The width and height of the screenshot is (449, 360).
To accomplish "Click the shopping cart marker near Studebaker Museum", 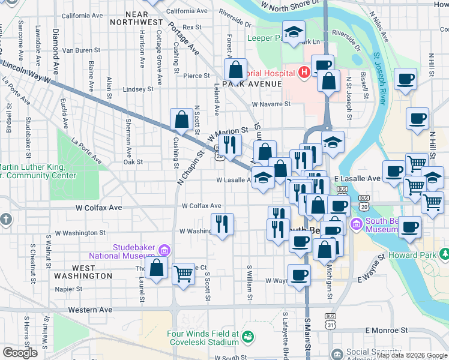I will pos(184,274).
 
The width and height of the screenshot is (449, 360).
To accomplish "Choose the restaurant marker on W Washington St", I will pos(222,224).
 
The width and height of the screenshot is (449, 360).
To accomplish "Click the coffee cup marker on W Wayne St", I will pos(299,275).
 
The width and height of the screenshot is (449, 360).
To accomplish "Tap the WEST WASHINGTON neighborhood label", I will pos(83,272).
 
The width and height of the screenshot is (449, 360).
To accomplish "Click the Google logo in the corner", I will pos(20,353).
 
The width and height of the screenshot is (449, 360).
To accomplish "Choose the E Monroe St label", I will pos(387,330).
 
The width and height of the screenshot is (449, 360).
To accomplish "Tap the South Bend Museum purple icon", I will pos(356,225).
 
